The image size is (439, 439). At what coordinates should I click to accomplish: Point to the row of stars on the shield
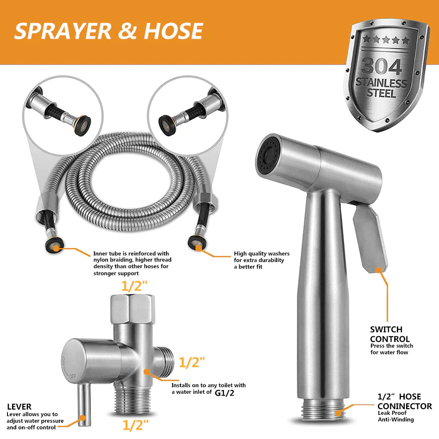click(x=381, y=40)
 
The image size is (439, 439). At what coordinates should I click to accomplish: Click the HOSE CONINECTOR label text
click(x=404, y=402)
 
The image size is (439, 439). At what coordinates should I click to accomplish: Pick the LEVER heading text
click(x=19, y=407)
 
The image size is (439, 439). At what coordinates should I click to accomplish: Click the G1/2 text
click(x=224, y=392)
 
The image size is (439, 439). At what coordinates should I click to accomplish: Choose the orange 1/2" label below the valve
click(x=135, y=425)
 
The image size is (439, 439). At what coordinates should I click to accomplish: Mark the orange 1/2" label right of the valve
click(x=191, y=363)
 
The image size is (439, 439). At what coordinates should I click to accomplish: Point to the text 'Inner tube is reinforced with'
click(x=131, y=253)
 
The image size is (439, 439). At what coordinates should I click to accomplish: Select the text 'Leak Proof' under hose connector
click(x=392, y=413)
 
